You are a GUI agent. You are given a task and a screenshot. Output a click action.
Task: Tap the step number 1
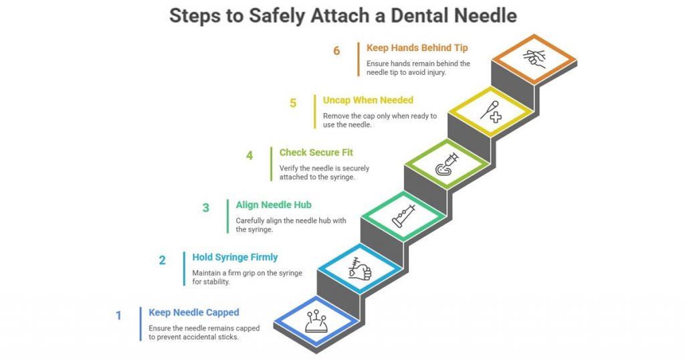click(119, 314)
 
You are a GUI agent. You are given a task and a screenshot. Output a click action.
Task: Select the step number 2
click(162, 260)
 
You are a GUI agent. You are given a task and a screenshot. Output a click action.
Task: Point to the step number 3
click(206, 207)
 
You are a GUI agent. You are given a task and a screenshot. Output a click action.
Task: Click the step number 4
click(250, 155)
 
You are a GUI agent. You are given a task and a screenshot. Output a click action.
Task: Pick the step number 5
click(293, 103)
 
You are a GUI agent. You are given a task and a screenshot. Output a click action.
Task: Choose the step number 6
click(336, 51)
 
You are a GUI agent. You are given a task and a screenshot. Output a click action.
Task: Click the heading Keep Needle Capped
click(194, 312)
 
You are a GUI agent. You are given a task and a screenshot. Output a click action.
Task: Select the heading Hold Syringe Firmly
click(235, 257)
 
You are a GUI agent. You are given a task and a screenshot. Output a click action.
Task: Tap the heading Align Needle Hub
click(273, 205)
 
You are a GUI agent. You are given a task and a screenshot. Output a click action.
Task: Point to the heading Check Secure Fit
click(316, 153)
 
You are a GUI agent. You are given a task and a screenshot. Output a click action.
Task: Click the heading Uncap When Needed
click(368, 100)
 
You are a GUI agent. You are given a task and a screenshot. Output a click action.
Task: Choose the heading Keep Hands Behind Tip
click(417, 48)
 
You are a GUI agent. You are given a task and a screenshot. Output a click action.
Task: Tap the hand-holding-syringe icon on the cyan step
click(359, 268)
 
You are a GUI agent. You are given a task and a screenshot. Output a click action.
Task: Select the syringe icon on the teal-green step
click(403, 216)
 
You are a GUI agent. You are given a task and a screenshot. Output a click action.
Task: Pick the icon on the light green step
click(446, 164)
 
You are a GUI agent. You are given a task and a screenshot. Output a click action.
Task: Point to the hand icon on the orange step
click(533, 59)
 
